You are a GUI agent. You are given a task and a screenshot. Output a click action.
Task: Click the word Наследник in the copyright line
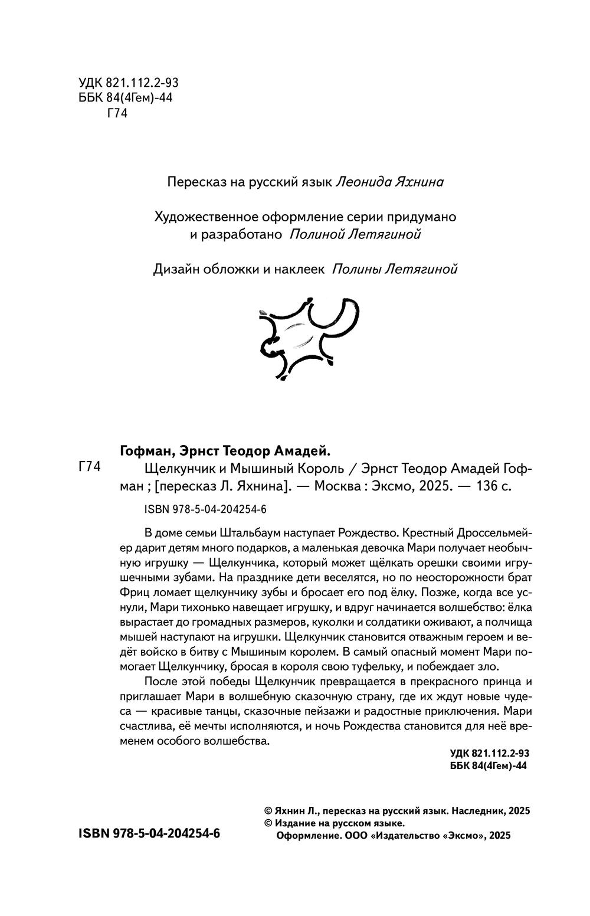477,811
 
